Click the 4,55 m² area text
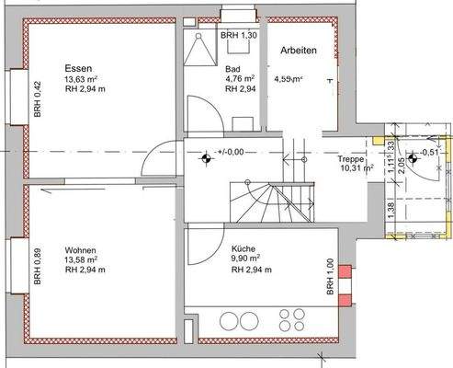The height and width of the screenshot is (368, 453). (x=289, y=80)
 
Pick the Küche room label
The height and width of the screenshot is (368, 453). (x=243, y=249)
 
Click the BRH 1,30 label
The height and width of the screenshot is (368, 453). (x=239, y=34)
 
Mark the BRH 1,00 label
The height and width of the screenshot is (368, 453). (x=330, y=275)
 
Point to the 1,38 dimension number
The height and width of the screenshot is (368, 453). (x=391, y=210)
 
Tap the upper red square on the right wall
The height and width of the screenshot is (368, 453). (x=345, y=271)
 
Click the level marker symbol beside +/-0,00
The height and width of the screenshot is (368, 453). (x=206, y=157)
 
